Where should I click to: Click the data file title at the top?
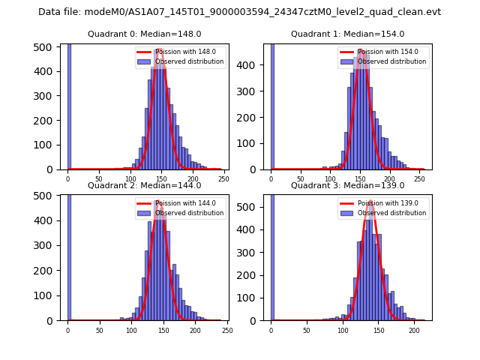[239, 12]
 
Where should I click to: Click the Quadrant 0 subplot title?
[145, 34]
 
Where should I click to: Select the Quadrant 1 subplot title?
[347, 34]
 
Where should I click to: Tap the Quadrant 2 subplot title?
[145, 185]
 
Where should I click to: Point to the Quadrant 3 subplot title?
[347, 185]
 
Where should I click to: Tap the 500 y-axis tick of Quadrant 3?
[248, 206]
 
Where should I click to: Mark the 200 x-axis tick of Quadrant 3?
[414, 331]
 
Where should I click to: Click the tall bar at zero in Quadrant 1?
[271, 105]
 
